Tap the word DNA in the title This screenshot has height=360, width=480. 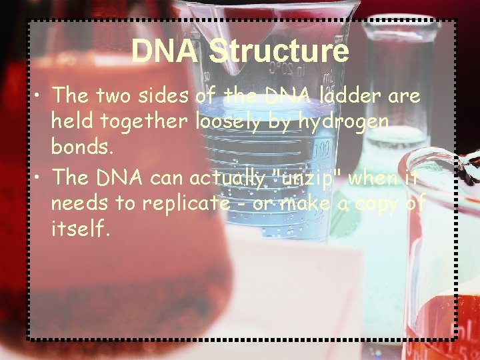click(165, 51)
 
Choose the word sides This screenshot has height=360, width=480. click(165, 96)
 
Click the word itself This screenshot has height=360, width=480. click(78, 229)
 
